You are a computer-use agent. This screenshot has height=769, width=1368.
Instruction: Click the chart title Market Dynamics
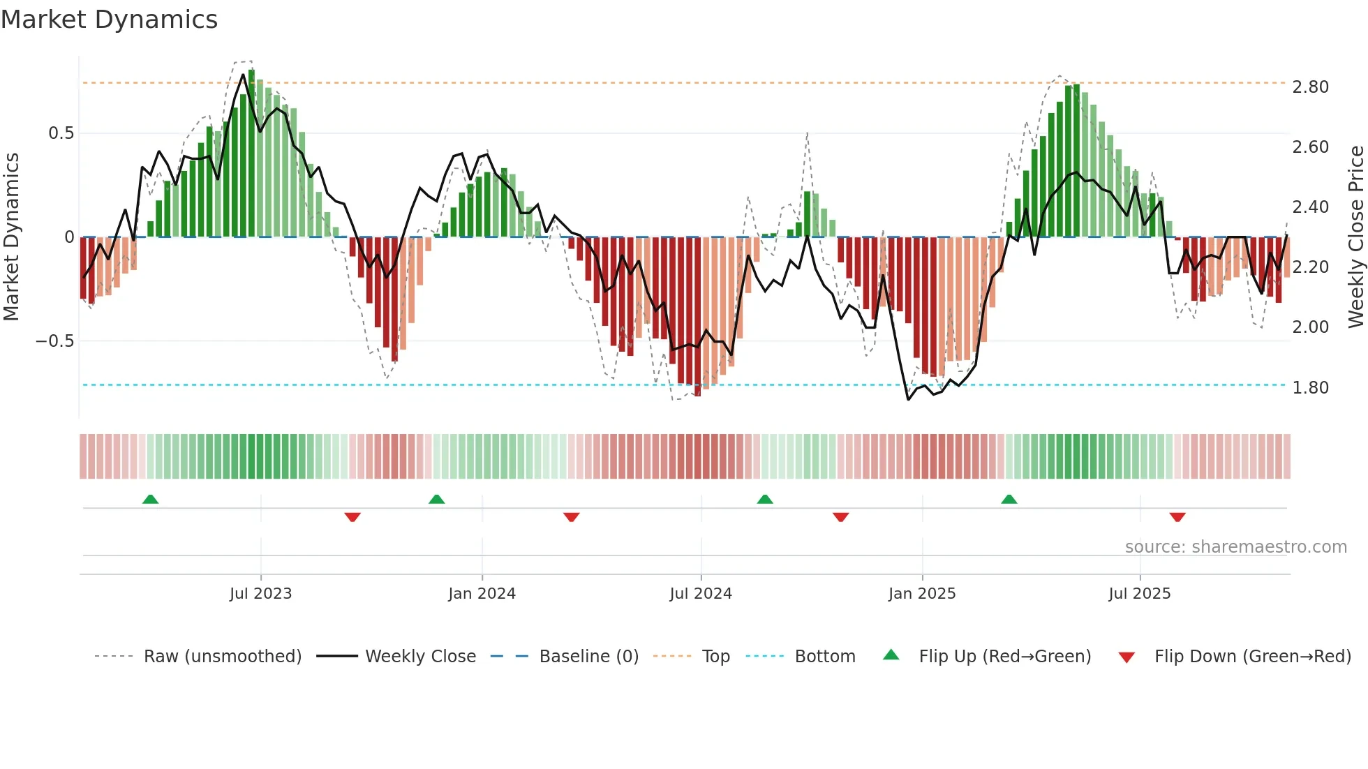(x=109, y=20)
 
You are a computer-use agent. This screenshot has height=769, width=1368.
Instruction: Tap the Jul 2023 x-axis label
(x=260, y=594)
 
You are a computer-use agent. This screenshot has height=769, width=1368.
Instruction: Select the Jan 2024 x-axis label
(x=482, y=594)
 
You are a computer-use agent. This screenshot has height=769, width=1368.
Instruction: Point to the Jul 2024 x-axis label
(x=701, y=594)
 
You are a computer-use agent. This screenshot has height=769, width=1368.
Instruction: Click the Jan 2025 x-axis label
(x=922, y=594)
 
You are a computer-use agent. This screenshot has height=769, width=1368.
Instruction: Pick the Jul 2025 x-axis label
(x=1140, y=594)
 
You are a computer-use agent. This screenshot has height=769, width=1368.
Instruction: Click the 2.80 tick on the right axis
(x=1310, y=87)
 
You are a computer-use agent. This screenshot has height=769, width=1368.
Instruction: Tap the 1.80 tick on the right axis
(x=1310, y=388)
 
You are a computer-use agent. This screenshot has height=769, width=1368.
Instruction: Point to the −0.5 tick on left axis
(x=54, y=341)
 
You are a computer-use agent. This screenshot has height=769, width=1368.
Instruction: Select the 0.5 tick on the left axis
(x=61, y=133)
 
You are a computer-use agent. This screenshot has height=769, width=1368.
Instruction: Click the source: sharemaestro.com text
(x=1235, y=547)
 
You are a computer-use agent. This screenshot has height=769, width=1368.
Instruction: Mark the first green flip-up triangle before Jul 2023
(x=150, y=499)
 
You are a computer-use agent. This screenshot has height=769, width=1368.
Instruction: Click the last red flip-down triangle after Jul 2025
(x=1177, y=517)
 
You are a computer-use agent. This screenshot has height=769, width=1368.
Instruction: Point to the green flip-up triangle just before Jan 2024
(x=436, y=499)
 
